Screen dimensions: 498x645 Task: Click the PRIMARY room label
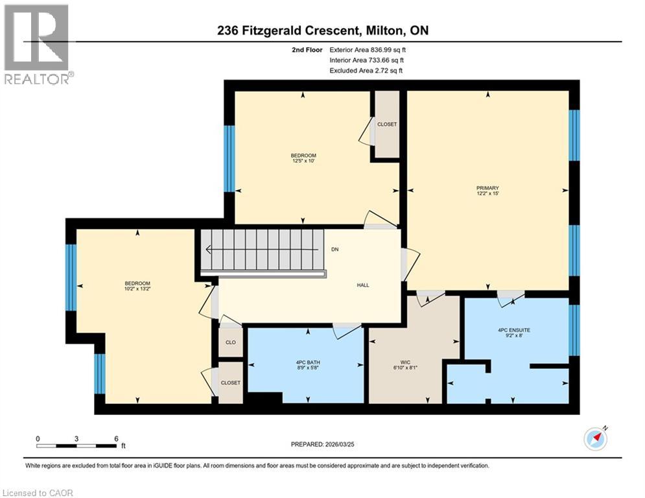point(487,187)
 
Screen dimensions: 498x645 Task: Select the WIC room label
point(406,363)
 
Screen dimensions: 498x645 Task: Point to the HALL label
point(362,285)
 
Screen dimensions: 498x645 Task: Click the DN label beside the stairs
point(334,250)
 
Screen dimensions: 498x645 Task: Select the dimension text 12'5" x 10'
point(303,161)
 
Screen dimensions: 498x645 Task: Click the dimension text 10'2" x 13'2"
point(137,289)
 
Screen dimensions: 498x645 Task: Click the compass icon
point(595,438)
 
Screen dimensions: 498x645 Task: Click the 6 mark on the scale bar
point(116,438)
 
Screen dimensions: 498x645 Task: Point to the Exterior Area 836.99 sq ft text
point(368,49)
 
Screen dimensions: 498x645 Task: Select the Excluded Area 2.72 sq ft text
point(366,70)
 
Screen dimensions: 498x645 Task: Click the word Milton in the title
point(387,30)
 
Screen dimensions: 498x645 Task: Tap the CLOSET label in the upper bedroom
point(387,124)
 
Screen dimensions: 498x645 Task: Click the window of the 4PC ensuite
point(574,330)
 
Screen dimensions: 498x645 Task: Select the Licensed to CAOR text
point(38,493)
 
